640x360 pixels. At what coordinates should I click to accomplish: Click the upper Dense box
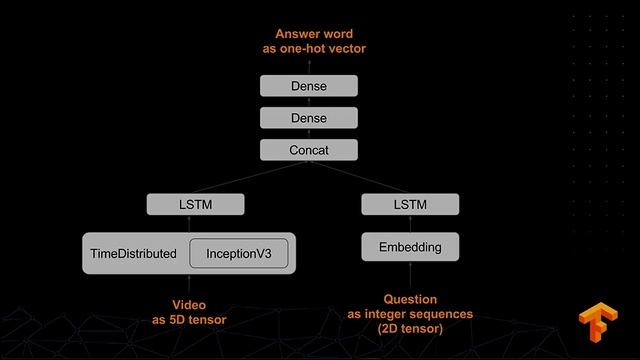[309, 86]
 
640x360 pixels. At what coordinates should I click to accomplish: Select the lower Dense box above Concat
[309, 118]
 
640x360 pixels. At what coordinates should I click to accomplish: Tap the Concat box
[309, 150]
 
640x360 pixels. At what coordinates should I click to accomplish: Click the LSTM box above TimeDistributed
[195, 204]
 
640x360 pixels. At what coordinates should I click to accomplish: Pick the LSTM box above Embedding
[410, 204]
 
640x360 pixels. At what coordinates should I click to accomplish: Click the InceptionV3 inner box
[239, 254]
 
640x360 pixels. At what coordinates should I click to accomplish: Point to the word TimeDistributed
[133, 254]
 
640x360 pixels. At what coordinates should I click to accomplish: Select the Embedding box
[410, 247]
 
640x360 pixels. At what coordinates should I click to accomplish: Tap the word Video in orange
[190, 305]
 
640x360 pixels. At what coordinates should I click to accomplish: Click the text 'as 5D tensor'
[190, 320]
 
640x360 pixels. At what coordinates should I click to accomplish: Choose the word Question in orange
[410, 299]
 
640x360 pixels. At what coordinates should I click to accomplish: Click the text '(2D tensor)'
[410, 328]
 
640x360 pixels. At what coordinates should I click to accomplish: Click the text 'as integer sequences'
[410, 314]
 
